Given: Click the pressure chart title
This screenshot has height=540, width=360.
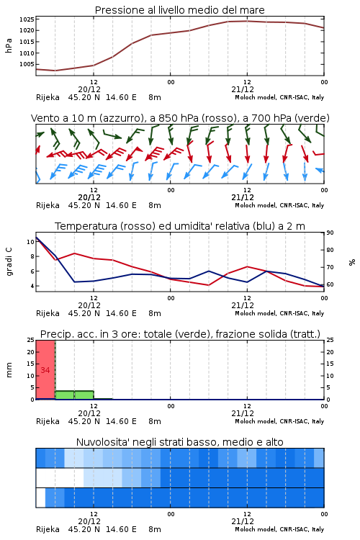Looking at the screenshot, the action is click(x=179, y=10).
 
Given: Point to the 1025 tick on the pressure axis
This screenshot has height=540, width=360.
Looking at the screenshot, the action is click(x=27, y=19).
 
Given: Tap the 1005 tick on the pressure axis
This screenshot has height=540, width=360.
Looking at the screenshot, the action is click(x=27, y=64).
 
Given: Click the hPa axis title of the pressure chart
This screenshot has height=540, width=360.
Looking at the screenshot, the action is click(x=9, y=45).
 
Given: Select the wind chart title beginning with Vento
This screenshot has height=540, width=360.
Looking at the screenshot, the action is click(x=180, y=118).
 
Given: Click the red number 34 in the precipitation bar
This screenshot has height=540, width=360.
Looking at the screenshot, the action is click(x=45, y=370).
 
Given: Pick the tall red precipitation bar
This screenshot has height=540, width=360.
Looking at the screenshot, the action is click(x=45, y=370).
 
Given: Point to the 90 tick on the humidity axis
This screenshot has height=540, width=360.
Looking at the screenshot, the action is click(x=330, y=233).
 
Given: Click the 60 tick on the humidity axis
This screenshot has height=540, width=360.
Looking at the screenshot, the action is click(x=330, y=284).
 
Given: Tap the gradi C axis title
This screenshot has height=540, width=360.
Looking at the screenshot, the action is click(x=9, y=261).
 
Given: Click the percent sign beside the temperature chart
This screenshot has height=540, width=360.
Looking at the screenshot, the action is click(x=352, y=262).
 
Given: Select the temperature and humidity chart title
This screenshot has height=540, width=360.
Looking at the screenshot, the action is click(x=180, y=226).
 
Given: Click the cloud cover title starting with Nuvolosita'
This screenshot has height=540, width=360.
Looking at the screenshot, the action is click(x=180, y=442).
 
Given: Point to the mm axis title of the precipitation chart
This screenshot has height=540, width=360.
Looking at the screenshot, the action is click(x=9, y=370).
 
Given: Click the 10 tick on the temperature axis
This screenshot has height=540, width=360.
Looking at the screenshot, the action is click(x=30, y=242).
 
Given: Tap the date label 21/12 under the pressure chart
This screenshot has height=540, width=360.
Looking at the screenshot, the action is click(x=243, y=89).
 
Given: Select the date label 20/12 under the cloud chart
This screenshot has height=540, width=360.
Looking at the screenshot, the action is click(x=89, y=521).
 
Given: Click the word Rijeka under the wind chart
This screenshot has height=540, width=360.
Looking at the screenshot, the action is click(x=48, y=206).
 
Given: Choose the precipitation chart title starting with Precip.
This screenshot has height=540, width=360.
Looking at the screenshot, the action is click(x=180, y=334).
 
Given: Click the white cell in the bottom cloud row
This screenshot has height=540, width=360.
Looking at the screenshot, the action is click(x=40, y=498).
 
